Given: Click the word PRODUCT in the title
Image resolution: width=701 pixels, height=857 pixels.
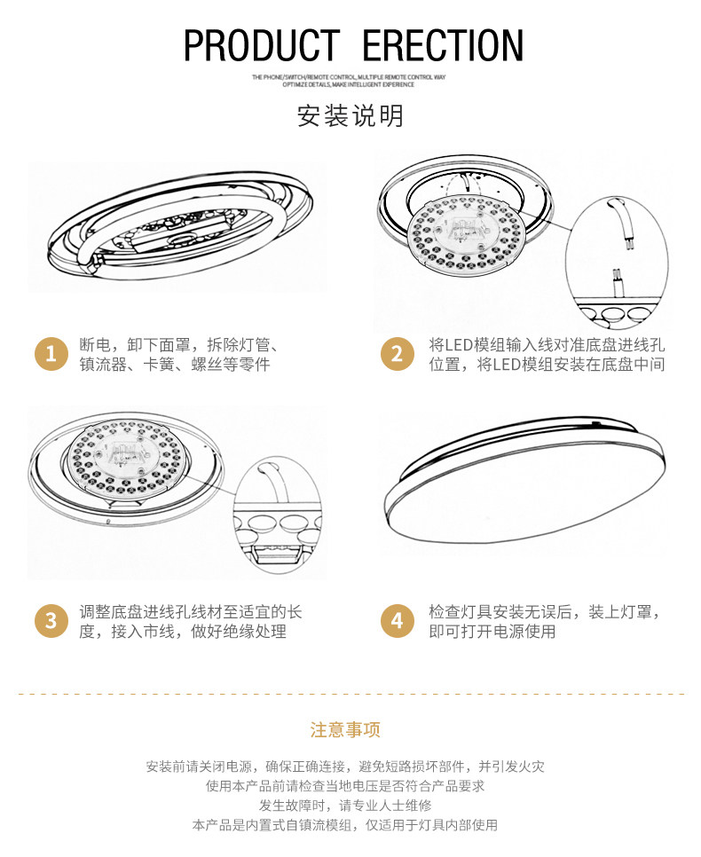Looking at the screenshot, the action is tap(262, 45).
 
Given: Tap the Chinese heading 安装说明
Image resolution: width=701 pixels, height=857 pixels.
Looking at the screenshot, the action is tap(350, 116).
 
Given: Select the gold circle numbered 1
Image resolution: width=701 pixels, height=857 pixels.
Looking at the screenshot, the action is tap(51, 355).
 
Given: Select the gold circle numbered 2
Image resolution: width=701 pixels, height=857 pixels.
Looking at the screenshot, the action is tap(397, 355).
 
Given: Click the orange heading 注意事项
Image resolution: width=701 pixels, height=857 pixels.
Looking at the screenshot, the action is tap(345, 730).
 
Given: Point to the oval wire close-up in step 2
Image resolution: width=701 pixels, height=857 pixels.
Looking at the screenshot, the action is tap(614, 257).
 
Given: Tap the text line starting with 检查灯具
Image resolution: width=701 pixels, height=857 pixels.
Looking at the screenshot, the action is tap(545, 612).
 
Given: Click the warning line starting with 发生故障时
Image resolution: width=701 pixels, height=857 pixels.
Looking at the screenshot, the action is tap(345, 806).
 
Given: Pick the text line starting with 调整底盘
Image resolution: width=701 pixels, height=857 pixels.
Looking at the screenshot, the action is tap(191, 612).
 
